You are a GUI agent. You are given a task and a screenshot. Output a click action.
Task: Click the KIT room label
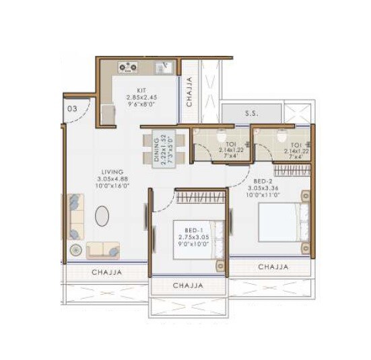click(x=141, y=89)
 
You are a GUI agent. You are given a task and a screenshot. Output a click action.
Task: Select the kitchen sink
click(x=162, y=67)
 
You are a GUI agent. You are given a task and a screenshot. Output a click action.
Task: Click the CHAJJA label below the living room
click(x=107, y=272)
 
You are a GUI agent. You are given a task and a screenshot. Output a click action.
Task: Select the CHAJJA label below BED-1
click(x=188, y=286)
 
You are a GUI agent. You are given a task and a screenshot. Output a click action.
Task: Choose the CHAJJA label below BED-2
click(x=273, y=267)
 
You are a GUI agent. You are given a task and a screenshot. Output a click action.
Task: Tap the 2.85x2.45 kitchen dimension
click(x=141, y=97)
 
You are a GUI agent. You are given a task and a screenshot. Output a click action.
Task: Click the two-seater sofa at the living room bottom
click(x=103, y=250)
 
